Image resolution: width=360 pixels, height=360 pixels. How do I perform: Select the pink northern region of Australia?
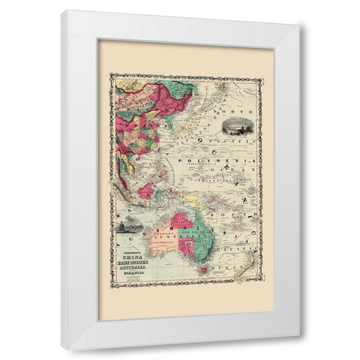[x=180, y=221]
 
